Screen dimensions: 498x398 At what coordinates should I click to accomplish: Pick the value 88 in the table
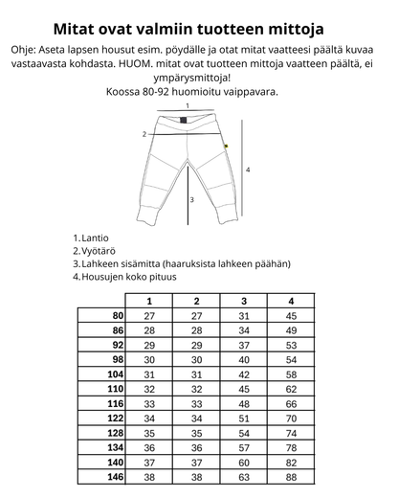click(x=291, y=476)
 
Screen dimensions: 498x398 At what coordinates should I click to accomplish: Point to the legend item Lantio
click(x=96, y=238)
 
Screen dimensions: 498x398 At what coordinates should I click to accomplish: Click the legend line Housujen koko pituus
click(x=133, y=276)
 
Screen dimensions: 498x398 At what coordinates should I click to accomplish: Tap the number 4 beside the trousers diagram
click(x=248, y=170)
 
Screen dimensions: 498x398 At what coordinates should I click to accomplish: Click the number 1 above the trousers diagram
click(x=188, y=105)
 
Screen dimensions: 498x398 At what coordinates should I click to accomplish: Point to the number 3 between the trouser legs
click(x=192, y=199)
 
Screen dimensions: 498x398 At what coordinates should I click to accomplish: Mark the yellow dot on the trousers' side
click(x=226, y=146)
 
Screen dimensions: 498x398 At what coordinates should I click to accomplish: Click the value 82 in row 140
click(x=291, y=462)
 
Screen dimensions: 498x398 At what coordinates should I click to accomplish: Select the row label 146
click(x=116, y=476)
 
